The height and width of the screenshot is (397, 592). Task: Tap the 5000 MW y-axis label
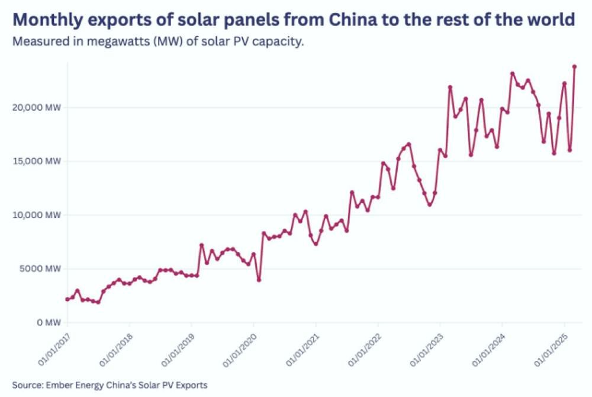41,269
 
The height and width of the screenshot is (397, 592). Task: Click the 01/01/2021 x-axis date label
301,347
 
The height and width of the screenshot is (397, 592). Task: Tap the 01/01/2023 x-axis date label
425,347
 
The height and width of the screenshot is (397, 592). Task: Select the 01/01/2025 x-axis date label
549,347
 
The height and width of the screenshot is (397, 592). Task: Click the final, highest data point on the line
574,66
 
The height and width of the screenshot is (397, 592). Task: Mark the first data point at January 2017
67,299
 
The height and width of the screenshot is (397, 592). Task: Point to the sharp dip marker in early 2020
259,280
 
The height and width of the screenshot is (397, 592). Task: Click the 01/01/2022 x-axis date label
363,347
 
